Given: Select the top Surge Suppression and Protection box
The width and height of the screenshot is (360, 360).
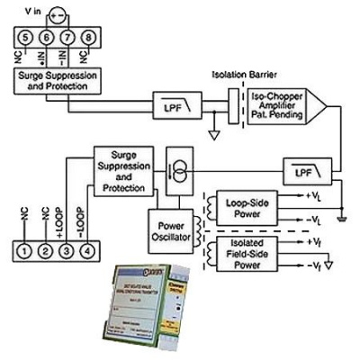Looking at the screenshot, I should point(56,81).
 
